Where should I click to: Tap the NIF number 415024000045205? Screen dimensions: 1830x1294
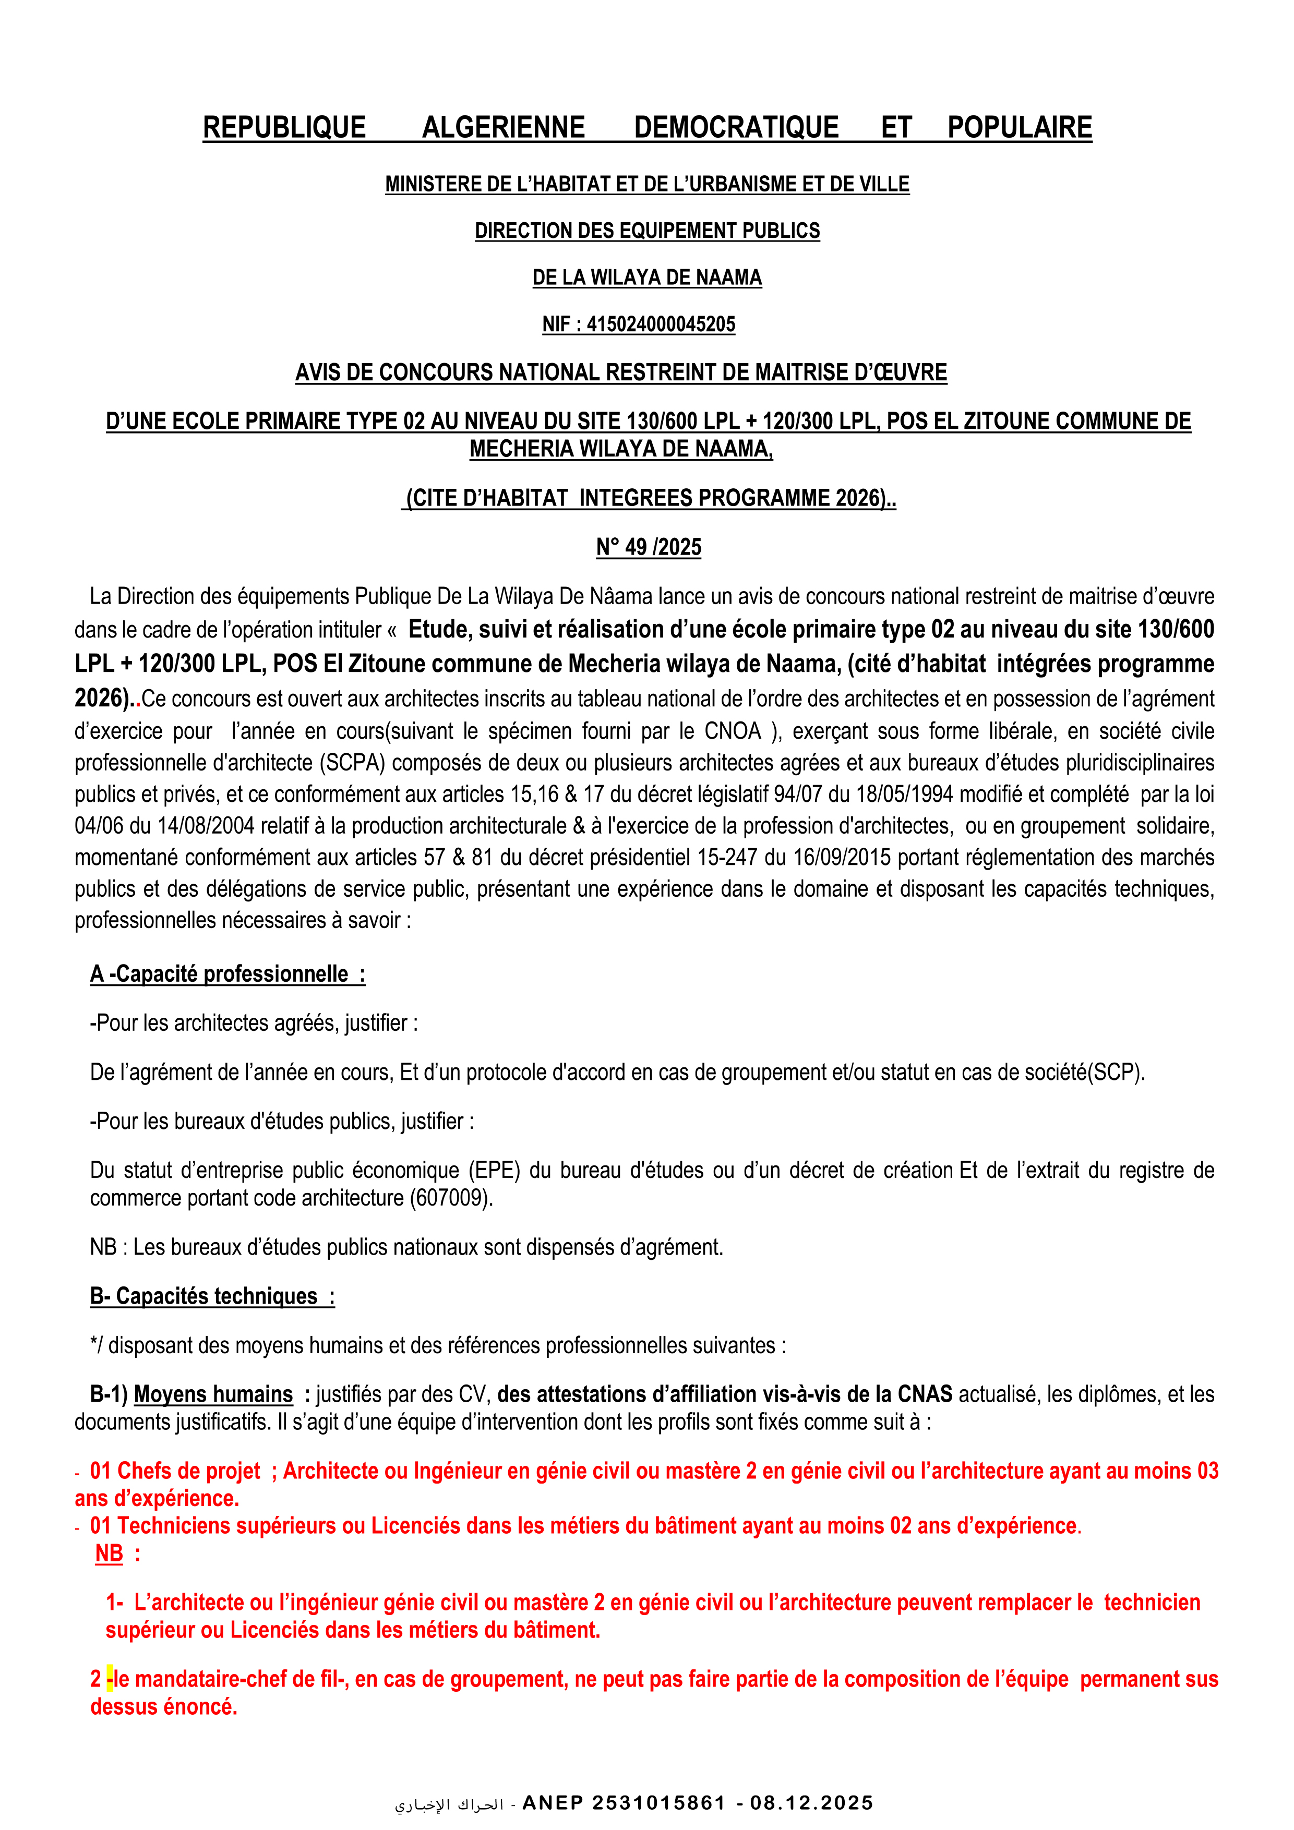click(x=661, y=324)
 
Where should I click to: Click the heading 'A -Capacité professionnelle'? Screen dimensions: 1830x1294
click(x=227, y=974)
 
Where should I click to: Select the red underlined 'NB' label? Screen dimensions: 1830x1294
click(x=109, y=1554)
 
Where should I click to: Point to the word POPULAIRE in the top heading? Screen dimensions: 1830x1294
click(x=1019, y=127)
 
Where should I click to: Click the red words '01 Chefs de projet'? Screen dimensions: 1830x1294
click(x=175, y=1471)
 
